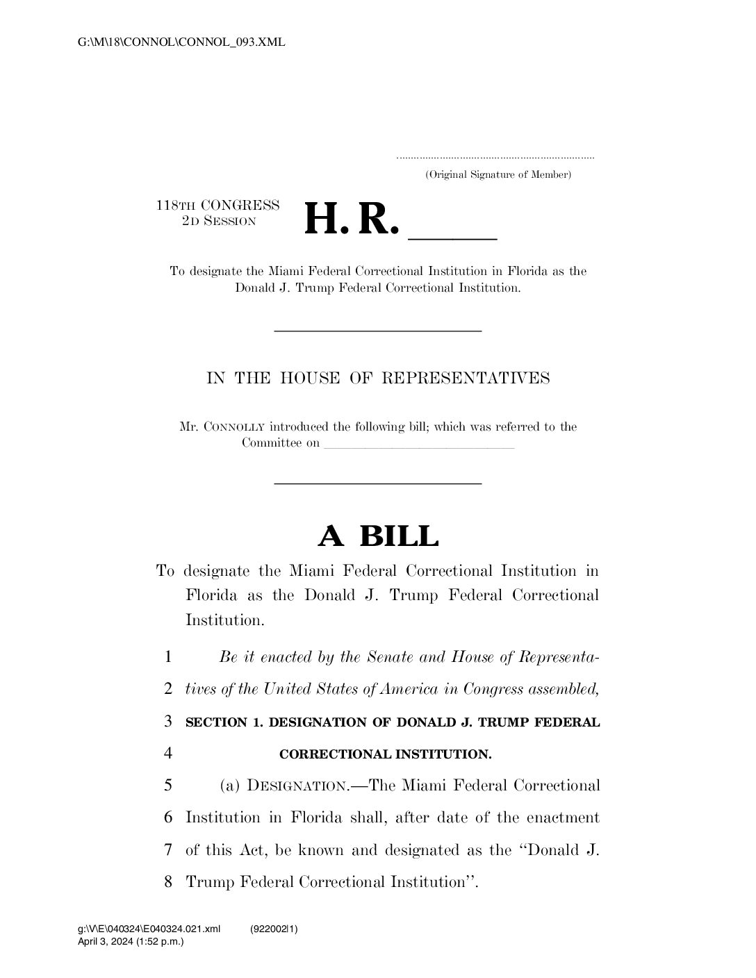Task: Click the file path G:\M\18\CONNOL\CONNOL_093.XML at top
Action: pos(182,43)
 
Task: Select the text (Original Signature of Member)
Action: pos(498,174)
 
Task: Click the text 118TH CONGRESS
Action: pos(217,206)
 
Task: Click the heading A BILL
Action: pos(378,536)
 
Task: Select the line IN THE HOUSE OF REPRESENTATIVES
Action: pos(378,378)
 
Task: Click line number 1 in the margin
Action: pos(169,657)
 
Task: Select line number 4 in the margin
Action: pos(169,754)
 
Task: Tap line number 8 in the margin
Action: pos(169,882)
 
